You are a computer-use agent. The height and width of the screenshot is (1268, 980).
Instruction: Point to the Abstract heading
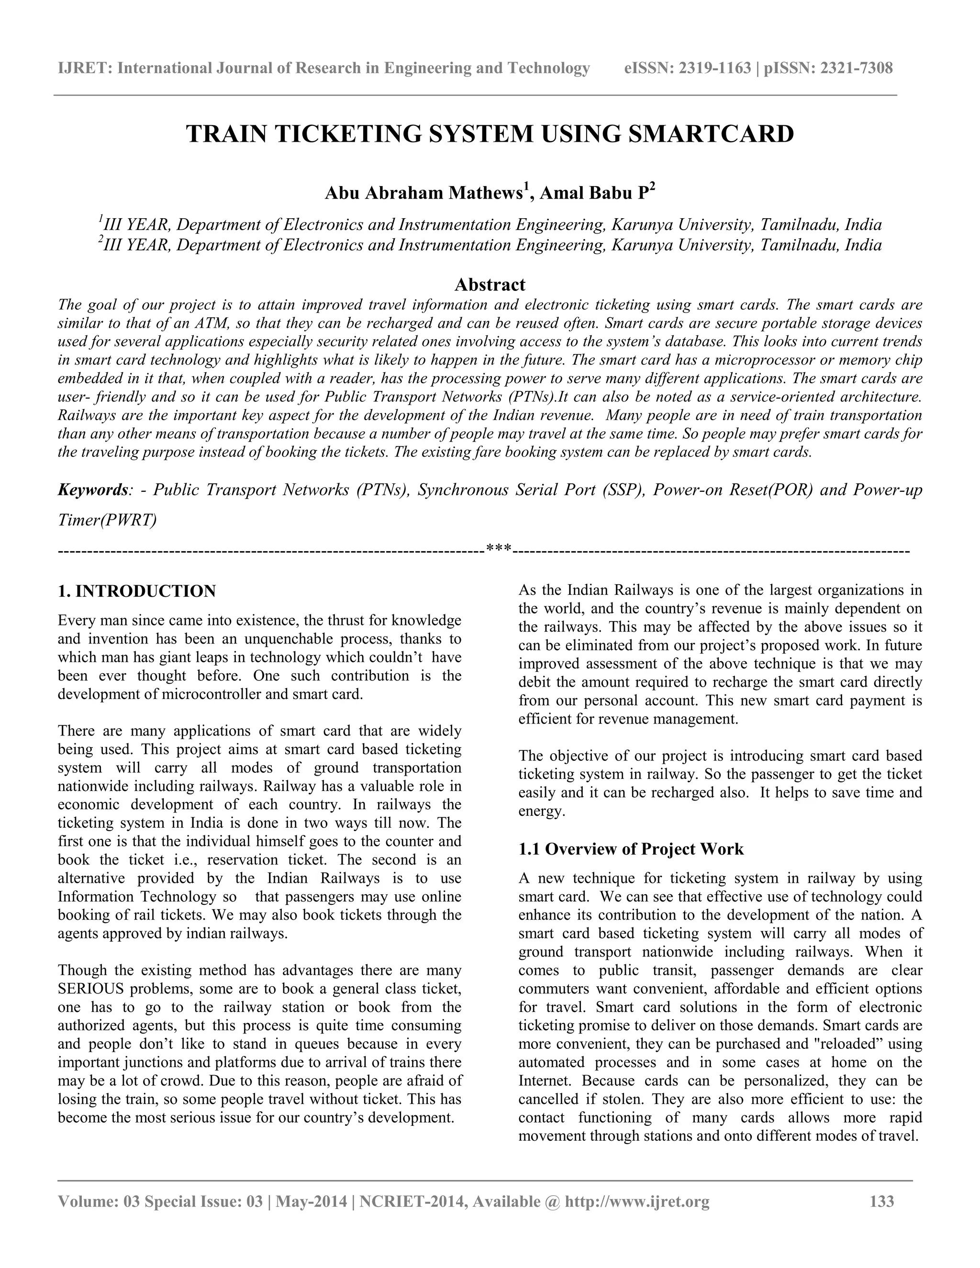(490, 285)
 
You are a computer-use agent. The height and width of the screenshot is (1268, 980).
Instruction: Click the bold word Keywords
(92, 489)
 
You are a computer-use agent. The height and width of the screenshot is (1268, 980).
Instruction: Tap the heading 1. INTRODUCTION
(137, 591)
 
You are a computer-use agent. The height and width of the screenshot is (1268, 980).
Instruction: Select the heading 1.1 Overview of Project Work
(631, 849)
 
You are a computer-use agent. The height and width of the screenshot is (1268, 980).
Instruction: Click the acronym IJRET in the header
(84, 68)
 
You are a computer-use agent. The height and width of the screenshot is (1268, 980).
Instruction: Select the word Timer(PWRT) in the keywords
(107, 520)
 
